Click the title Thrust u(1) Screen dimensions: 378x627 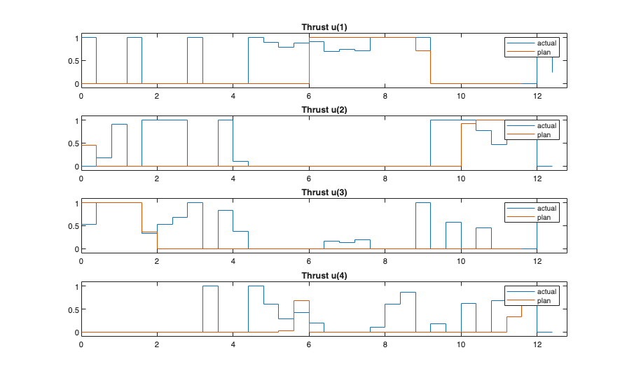324,27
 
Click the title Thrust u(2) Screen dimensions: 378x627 324,110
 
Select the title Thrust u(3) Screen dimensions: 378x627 324,192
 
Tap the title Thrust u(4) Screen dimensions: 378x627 324,276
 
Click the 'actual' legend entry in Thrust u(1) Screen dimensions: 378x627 546,43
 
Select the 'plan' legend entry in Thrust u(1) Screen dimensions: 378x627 544,52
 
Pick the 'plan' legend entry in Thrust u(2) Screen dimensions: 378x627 544,134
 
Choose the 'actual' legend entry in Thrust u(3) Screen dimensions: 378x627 546,209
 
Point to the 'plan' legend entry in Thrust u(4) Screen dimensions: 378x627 544,300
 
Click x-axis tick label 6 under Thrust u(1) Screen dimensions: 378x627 309,96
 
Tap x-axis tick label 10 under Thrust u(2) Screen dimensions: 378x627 461,179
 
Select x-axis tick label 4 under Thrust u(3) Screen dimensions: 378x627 233,262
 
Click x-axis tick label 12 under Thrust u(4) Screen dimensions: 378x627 537,344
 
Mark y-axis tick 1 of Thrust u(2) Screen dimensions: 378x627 76,120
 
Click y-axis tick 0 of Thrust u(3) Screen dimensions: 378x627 76,249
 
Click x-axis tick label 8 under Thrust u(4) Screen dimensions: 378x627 385,344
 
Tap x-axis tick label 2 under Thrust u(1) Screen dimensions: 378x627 157,96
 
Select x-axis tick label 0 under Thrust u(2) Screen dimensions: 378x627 81,179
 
